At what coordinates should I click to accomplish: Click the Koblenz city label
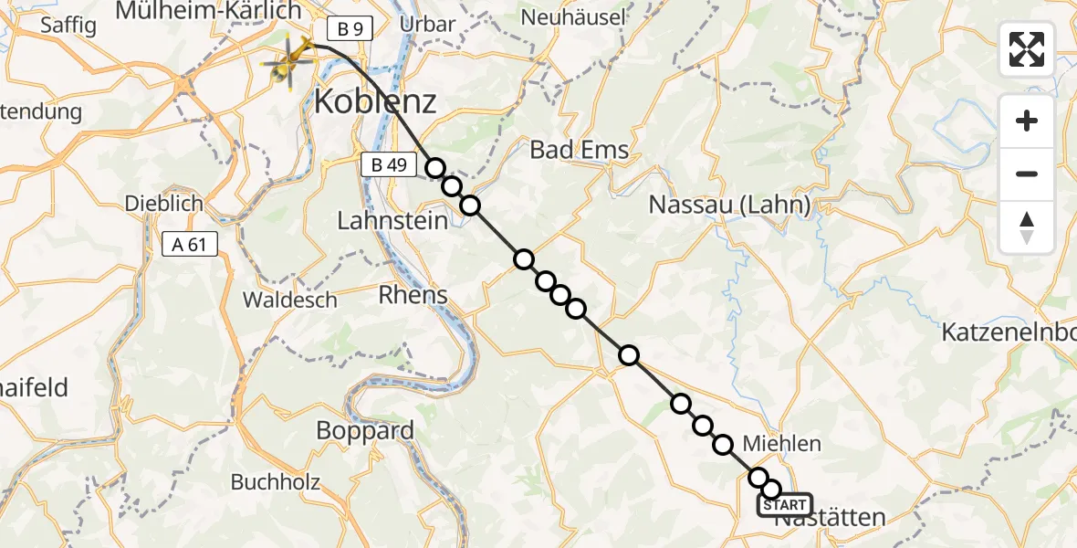[375, 102]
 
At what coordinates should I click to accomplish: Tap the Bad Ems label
[580, 150]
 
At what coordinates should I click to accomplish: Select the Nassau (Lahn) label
[729, 205]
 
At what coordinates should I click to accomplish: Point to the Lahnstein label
[392, 221]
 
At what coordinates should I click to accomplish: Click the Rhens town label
[413, 295]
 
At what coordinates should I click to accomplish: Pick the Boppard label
[365, 431]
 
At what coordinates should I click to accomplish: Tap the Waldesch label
[289, 300]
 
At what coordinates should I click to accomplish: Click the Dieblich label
[165, 204]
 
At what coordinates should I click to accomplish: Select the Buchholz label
[275, 482]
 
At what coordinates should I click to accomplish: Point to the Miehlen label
[782, 444]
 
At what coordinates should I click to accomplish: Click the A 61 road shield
[189, 244]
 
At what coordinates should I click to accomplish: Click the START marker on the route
[784, 505]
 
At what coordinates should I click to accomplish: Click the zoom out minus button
[1027, 174]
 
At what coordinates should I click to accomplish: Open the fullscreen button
[1027, 49]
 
